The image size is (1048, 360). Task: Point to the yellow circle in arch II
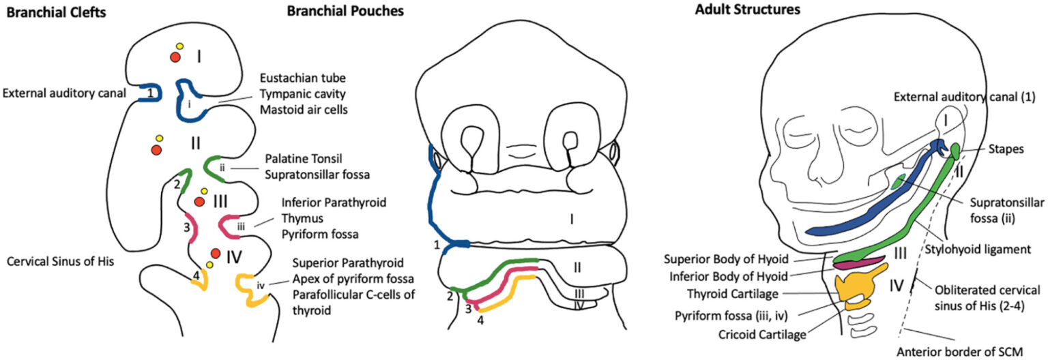click(159, 138)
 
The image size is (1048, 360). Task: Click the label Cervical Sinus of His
click(59, 261)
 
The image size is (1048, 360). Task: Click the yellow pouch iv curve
click(250, 289)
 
